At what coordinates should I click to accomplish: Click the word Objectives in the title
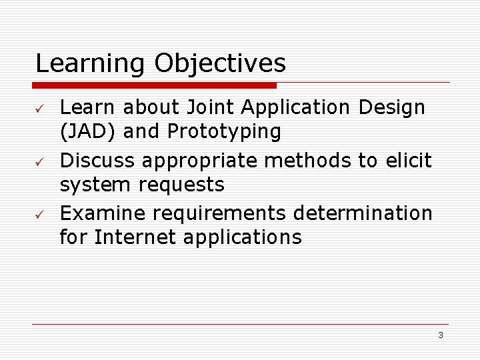coord(220,64)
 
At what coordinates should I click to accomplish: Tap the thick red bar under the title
coord(155,85)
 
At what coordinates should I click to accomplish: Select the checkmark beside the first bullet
coord(40,108)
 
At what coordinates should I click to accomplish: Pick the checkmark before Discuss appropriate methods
coord(40,161)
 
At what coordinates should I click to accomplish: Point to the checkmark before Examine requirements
coord(40,215)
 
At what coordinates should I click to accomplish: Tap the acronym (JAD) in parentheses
coord(88,131)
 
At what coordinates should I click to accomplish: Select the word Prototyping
coord(224,132)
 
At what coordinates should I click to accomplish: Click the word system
coord(95,184)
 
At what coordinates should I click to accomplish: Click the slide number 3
coord(440,335)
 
